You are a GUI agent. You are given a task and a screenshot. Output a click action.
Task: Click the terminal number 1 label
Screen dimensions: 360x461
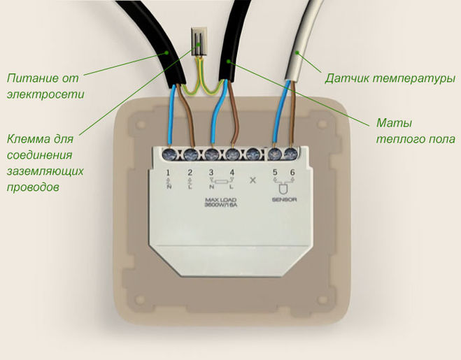169,171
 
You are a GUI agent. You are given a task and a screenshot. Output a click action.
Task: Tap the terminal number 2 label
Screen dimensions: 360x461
190,171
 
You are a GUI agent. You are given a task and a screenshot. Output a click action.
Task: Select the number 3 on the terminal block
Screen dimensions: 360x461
211,171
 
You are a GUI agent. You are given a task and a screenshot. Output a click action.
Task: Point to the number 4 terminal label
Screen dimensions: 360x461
231,171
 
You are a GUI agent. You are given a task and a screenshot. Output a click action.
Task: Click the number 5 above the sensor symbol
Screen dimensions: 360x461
275,171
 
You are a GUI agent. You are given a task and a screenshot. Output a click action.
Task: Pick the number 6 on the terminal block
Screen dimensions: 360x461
294,171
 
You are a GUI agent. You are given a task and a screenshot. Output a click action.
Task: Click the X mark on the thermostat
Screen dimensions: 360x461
253,179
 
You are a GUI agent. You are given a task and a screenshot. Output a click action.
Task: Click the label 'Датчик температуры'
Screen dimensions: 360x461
390,78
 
